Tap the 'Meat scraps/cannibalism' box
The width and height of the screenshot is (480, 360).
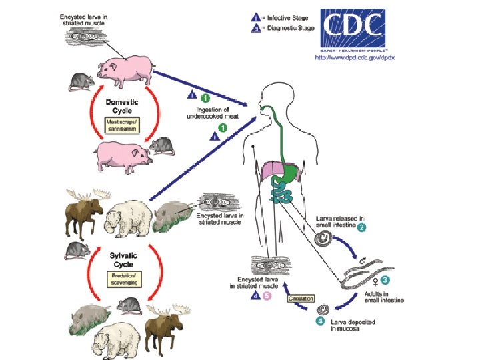coord(123,125)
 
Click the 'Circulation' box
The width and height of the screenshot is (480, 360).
coord(301,299)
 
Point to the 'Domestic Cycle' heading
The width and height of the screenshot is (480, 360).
coord(122,105)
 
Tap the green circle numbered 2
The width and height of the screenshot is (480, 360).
coord(361,228)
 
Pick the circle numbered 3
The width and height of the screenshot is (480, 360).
coord(385,280)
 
